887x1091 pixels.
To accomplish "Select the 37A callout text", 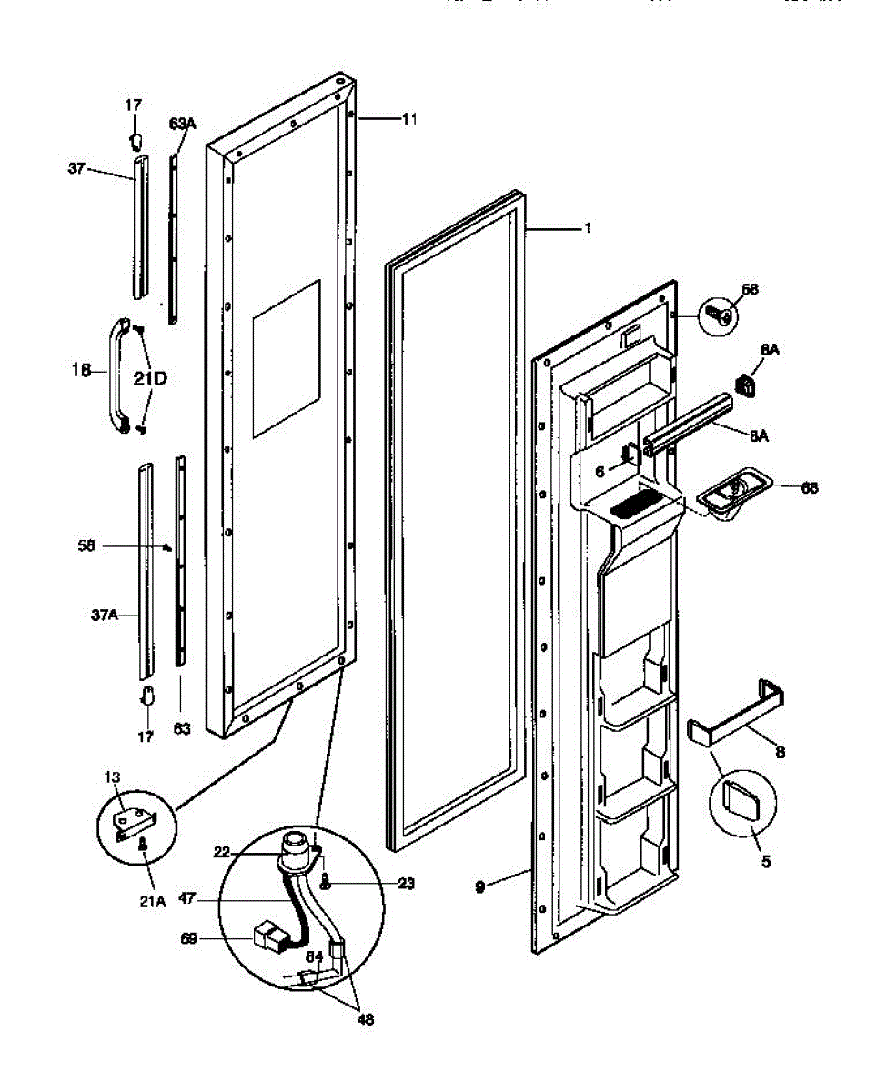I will coord(103,616).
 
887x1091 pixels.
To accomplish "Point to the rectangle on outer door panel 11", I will coord(286,355).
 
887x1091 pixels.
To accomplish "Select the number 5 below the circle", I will coord(766,860).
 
